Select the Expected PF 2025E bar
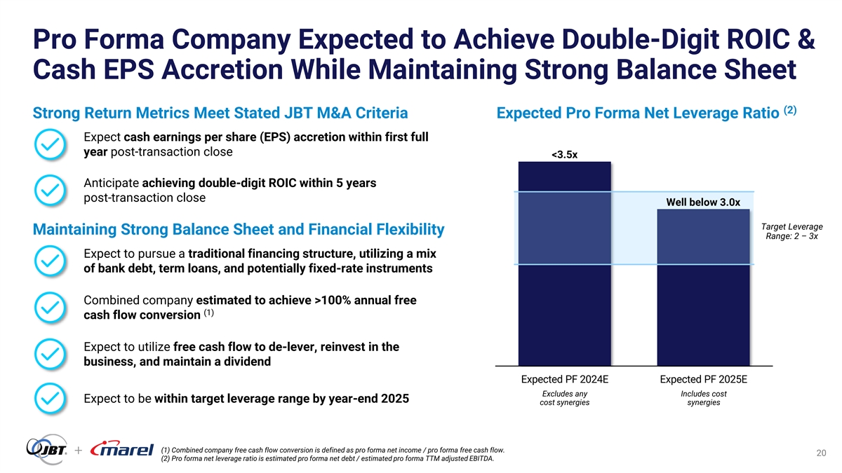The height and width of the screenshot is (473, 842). [704, 287]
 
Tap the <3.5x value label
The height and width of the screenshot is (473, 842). [563, 154]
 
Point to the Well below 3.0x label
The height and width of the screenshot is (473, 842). [703, 203]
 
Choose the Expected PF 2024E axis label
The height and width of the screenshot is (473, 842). [564, 380]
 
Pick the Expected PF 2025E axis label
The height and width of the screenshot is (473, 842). [704, 380]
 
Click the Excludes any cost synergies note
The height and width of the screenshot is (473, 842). [564, 398]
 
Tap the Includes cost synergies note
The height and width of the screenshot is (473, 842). [704, 398]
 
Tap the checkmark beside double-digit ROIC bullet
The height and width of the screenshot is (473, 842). [51, 191]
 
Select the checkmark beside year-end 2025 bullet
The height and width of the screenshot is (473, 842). [51, 399]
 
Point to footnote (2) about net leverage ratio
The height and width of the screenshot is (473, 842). [327, 459]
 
